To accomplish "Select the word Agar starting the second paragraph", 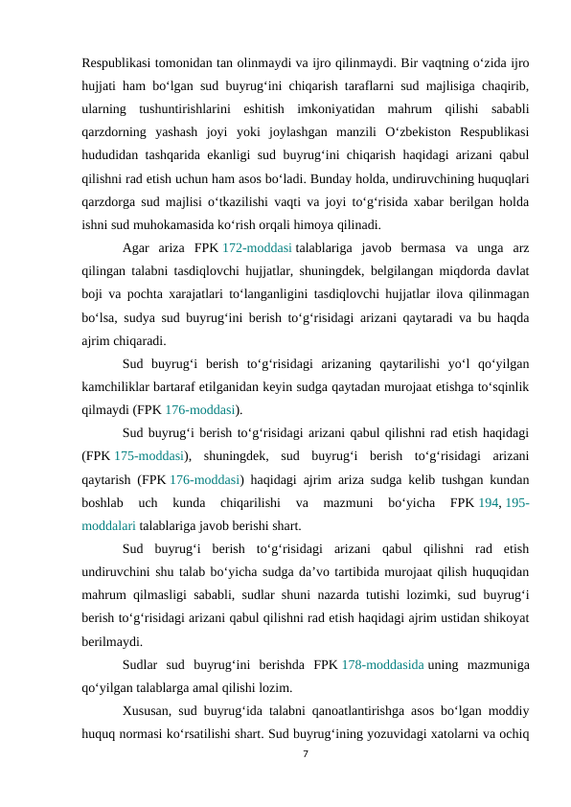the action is pos(138,249).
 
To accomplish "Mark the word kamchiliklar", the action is pos(119,385).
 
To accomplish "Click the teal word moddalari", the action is pos(108,525).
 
